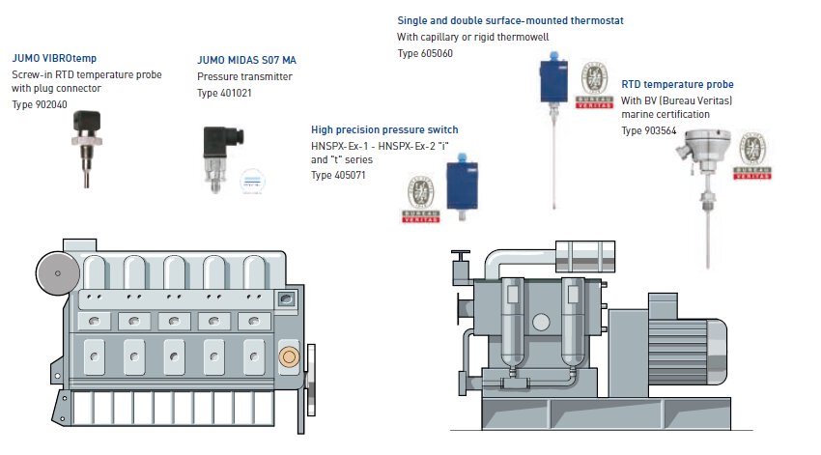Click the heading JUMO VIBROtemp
pos(54,58)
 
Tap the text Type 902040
pos(40,104)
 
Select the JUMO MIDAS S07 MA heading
pos(246,60)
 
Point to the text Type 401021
pos(225,93)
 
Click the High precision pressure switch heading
pos(384,129)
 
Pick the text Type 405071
pos(338,175)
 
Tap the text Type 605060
pos(425,54)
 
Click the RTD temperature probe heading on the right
pos(677,85)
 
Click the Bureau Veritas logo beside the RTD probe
pos(752,156)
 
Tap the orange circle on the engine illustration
pos(288,357)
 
